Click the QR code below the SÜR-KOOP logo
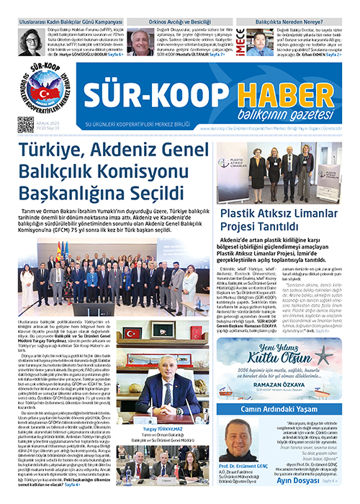click(x=26, y=125)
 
